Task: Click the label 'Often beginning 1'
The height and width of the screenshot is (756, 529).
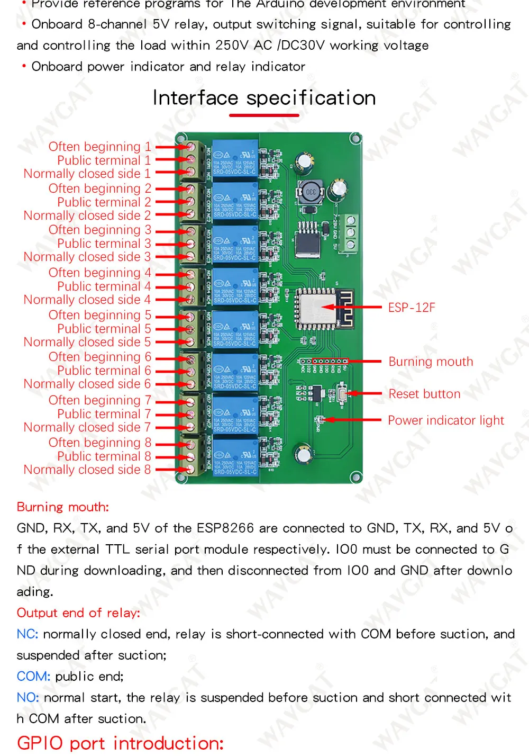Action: [99, 147]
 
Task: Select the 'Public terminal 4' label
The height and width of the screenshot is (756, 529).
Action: [104, 286]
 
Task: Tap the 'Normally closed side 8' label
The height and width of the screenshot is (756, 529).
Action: [87, 470]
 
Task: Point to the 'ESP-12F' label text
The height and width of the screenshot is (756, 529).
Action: [412, 308]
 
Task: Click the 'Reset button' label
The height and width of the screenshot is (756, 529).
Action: [424, 394]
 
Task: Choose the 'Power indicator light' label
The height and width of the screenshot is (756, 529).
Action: [446, 420]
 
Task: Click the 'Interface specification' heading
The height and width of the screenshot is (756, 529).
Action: [264, 98]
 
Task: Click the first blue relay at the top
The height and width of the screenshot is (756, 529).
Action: [235, 158]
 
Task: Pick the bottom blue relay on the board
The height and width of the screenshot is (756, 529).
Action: [235, 456]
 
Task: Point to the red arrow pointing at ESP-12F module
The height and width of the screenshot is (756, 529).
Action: [351, 307]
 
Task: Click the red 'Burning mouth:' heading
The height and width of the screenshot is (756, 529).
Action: [62, 507]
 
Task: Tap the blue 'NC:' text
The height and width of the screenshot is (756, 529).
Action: [27, 634]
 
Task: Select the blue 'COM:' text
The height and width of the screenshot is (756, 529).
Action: [33, 677]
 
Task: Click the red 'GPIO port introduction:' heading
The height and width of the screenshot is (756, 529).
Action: [120, 743]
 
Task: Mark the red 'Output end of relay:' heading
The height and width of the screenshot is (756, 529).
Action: [78, 613]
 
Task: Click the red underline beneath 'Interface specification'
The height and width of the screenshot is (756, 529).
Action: [264, 115]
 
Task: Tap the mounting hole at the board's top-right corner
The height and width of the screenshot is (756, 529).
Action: [355, 139]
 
